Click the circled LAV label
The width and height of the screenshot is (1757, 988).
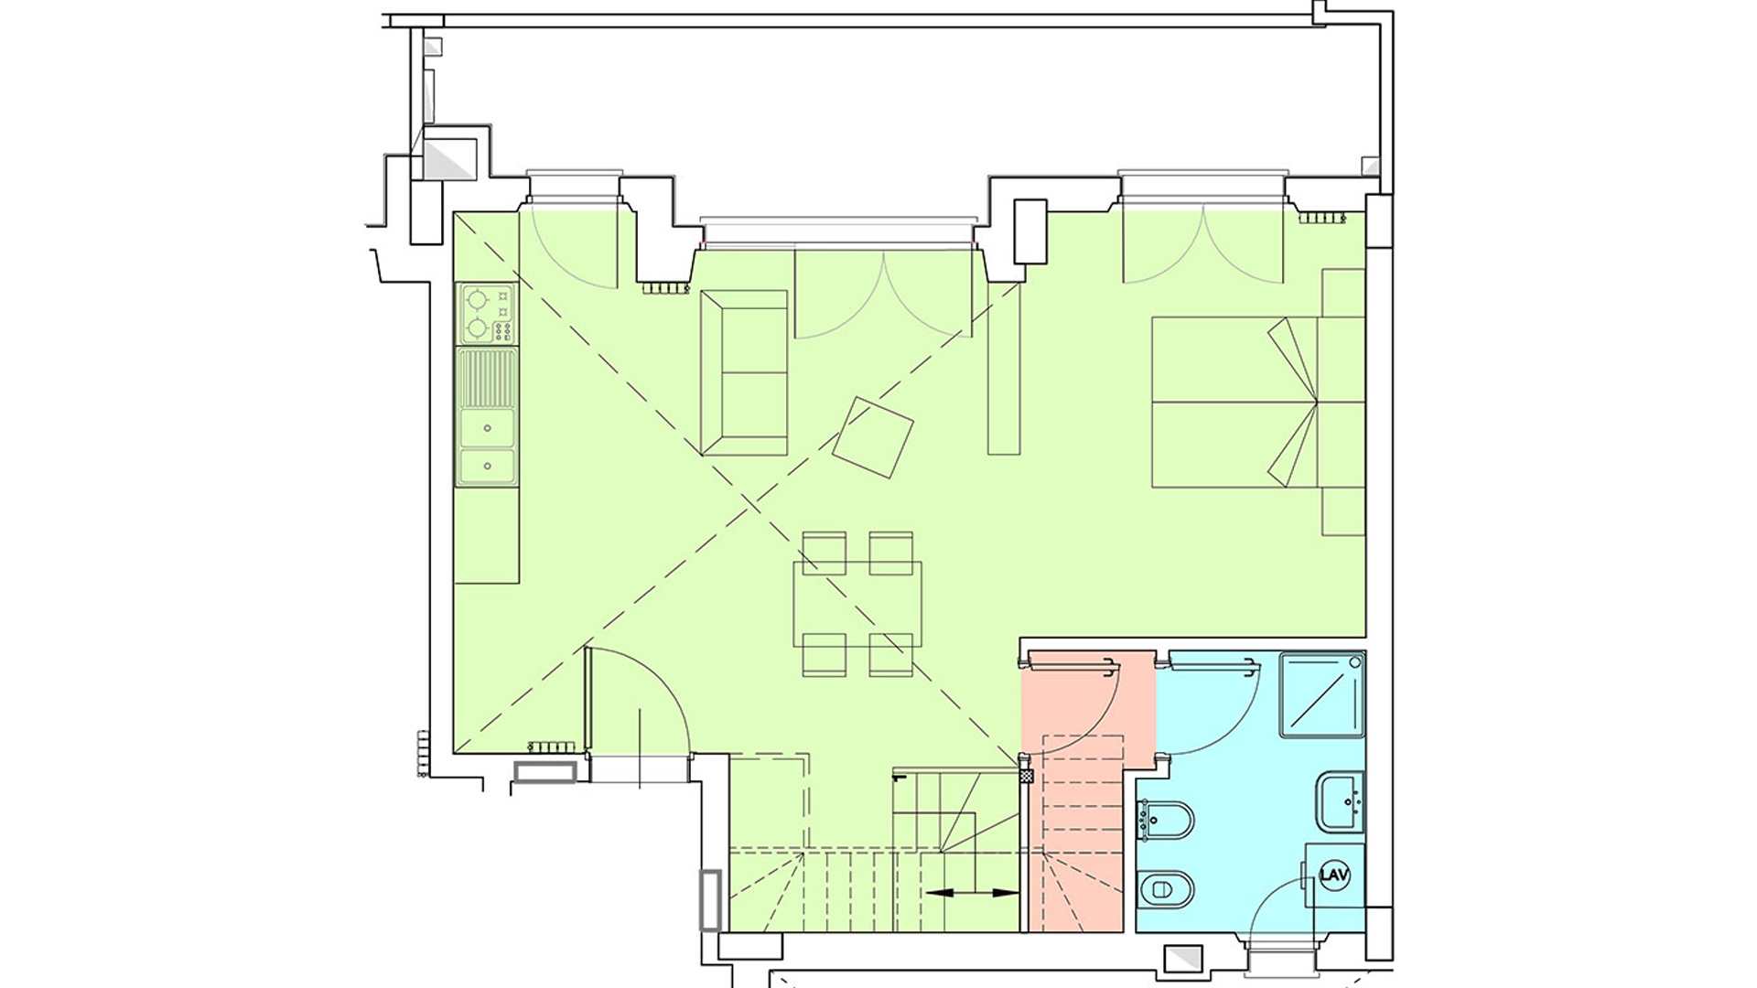point(1334,875)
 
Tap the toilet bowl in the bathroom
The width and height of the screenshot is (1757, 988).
point(1167,886)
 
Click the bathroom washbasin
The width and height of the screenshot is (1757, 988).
point(1341,802)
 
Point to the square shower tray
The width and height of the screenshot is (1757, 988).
point(1322,694)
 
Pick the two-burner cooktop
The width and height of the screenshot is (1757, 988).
point(486,313)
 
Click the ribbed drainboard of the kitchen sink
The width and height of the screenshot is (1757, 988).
point(487,379)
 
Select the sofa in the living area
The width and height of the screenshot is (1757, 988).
point(744,372)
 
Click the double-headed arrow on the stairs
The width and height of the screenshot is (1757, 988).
point(972,892)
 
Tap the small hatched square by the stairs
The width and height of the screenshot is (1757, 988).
point(1026,776)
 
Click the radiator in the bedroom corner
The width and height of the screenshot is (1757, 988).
point(1320,219)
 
